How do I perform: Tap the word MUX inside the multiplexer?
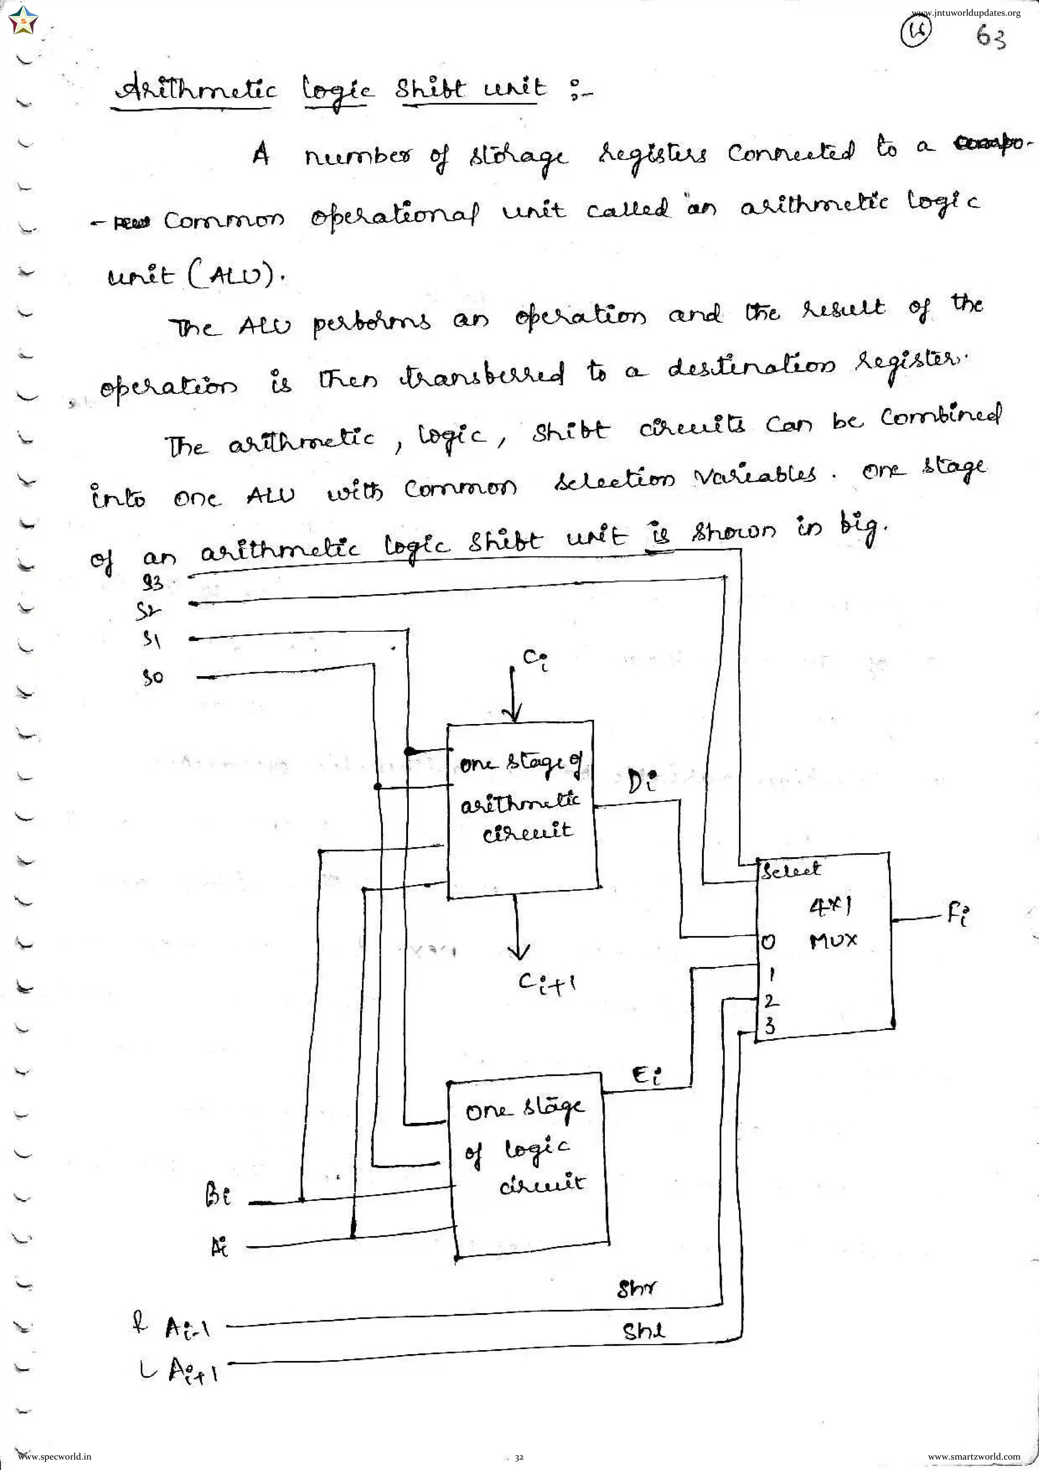click(x=833, y=940)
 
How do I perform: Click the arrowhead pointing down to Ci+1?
click(x=519, y=951)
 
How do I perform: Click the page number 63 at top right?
click(x=990, y=37)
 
